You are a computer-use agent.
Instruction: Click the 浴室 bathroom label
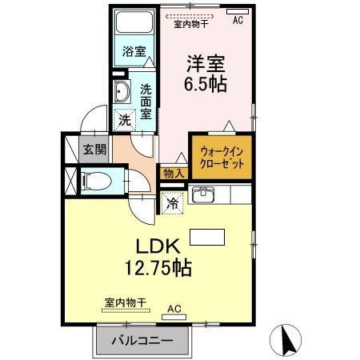(134, 52)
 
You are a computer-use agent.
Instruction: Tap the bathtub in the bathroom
(134, 24)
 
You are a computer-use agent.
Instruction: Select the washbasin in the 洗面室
(122, 89)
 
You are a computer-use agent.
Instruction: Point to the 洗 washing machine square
(124, 119)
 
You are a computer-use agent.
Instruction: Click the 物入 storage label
(174, 173)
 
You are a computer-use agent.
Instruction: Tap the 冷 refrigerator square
(172, 202)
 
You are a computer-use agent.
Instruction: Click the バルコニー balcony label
(144, 341)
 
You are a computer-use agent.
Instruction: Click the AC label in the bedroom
(238, 22)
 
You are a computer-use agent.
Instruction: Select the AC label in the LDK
(174, 306)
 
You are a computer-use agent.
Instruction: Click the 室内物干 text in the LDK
(126, 301)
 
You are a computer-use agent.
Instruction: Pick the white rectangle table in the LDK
(206, 237)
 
